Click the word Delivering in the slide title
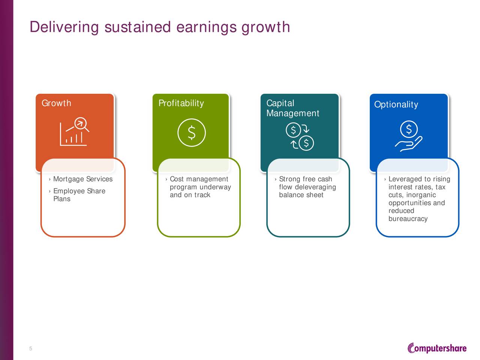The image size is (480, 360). (x=64, y=27)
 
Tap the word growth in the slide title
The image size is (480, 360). (x=266, y=27)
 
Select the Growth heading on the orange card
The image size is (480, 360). (x=56, y=103)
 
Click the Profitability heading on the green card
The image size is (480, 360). (x=181, y=103)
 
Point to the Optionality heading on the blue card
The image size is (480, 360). (x=396, y=105)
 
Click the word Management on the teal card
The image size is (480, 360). (x=292, y=113)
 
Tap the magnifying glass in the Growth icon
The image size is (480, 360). (x=82, y=124)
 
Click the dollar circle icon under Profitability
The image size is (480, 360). (x=192, y=132)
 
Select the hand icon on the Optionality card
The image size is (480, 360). (x=408, y=144)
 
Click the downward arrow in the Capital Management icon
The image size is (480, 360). (x=306, y=129)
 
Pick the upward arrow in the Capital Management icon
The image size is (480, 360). (x=294, y=144)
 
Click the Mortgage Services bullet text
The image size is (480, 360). (x=83, y=179)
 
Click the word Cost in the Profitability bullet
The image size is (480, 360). (x=177, y=179)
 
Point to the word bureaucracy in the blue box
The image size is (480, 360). (x=408, y=219)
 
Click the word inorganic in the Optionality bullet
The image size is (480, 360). (x=421, y=195)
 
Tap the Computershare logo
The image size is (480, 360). (x=437, y=348)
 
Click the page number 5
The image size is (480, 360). (x=31, y=348)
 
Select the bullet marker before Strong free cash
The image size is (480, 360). (x=276, y=179)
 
